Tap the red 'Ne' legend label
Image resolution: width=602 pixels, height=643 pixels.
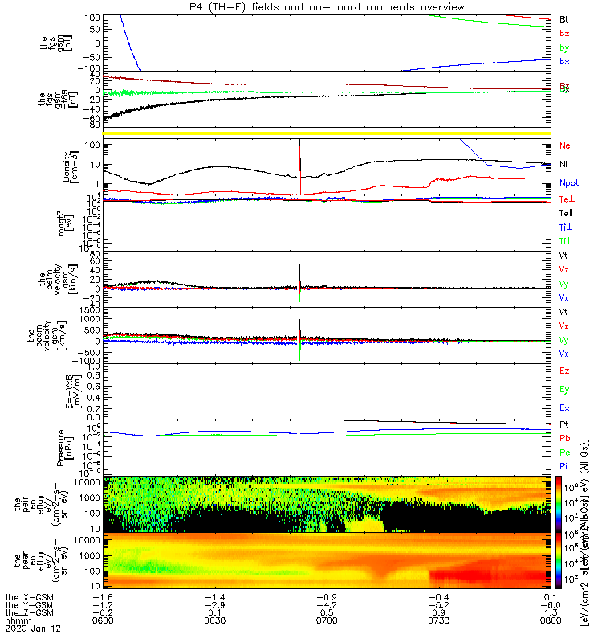(x=564, y=145)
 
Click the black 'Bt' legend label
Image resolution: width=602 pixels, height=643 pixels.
(x=564, y=18)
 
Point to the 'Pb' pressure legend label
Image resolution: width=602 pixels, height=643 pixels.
(x=564, y=437)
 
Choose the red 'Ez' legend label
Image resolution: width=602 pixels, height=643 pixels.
(x=564, y=371)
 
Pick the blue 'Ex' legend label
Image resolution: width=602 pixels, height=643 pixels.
(x=564, y=408)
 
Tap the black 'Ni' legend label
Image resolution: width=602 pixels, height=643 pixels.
(x=564, y=164)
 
